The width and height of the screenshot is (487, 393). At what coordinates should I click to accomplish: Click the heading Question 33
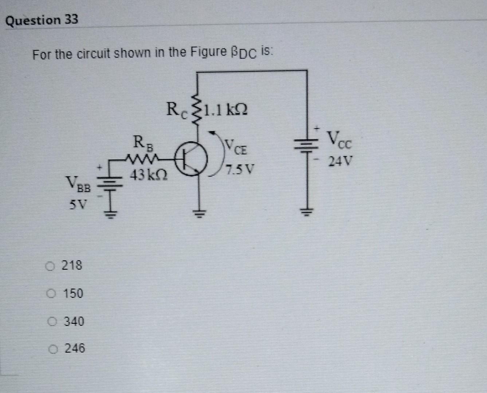tap(42, 20)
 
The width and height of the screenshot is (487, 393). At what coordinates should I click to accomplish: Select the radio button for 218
tap(51, 266)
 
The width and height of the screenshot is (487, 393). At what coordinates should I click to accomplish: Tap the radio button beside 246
tap(54, 349)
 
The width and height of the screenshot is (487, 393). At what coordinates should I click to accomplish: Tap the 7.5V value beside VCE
tap(240, 170)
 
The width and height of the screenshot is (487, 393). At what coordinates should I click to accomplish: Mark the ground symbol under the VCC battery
tap(307, 211)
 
